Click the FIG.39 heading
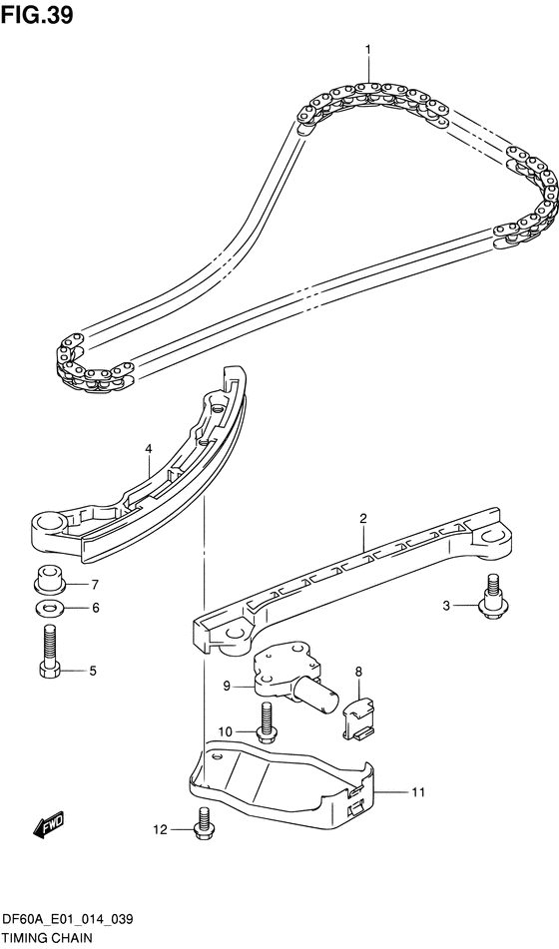37,15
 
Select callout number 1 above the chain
367,49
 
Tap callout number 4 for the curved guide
148,448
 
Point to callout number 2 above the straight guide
362,518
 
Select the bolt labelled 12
203,822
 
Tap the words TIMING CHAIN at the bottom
46,937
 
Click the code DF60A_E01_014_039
67,920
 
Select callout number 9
227,686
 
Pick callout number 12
160,830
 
